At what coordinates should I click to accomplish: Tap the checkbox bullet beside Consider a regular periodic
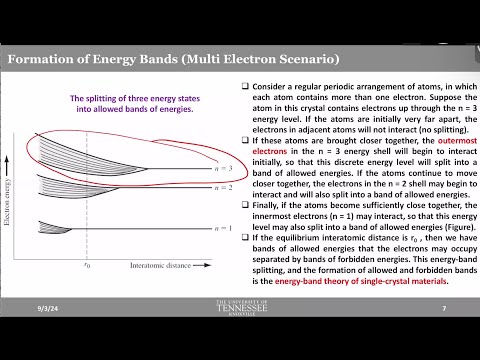click(246, 87)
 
